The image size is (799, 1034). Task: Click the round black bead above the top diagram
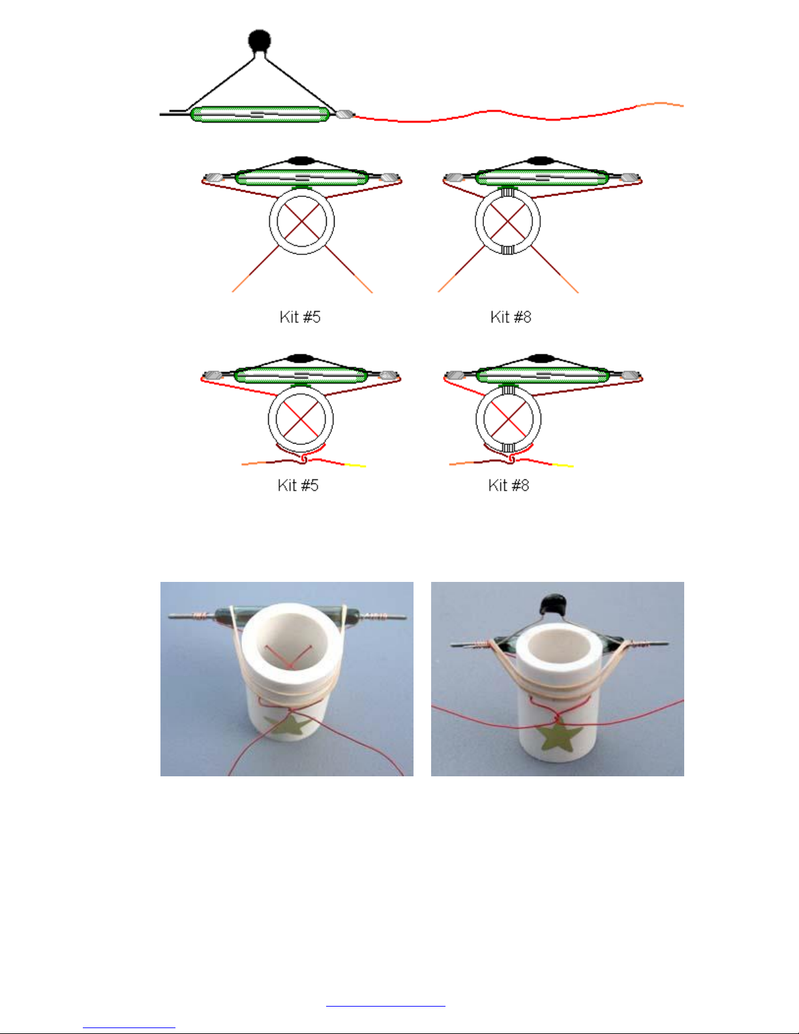(x=259, y=41)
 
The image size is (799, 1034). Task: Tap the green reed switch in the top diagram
(x=260, y=114)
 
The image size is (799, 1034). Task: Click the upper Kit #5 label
(x=300, y=317)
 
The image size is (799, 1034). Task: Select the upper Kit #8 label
(x=511, y=317)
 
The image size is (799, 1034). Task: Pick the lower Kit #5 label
(x=298, y=485)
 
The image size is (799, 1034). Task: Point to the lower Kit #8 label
(x=509, y=485)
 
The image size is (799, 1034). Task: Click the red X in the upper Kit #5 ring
(x=301, y=221)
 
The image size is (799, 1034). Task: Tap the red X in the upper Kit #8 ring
(x=508, y=221)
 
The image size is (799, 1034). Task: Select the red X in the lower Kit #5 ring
(x=301, y=419)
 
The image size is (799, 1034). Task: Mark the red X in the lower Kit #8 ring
(x=508, y=419)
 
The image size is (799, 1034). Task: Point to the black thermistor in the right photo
(x=552, y=605)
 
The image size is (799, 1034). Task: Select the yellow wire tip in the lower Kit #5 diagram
(x=355, y=465)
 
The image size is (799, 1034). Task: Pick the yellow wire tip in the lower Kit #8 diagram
(x=563, y=465)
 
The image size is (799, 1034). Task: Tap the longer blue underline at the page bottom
(x=385, y=1006)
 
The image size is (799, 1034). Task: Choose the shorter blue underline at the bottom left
(x=129, y=1027)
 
